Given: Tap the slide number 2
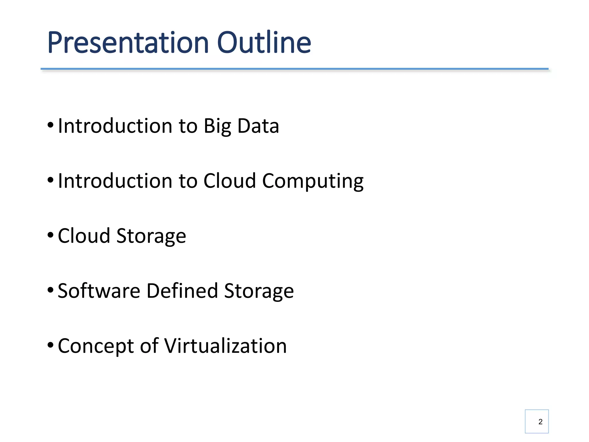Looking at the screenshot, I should [540, 422].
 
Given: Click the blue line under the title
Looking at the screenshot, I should [294, 69].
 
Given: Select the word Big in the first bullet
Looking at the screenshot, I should [217, 126].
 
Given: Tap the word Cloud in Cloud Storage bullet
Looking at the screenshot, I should [84, 236].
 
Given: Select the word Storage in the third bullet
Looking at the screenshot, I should [151, 236].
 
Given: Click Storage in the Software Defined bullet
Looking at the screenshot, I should [259, 291].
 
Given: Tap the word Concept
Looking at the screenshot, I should [96, 346].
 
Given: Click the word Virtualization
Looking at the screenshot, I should [225, 346].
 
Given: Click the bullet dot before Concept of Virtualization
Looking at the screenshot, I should [50, 345].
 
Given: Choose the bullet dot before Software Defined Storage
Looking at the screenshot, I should [50, 290].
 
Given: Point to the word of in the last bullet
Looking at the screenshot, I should [149, 346].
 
